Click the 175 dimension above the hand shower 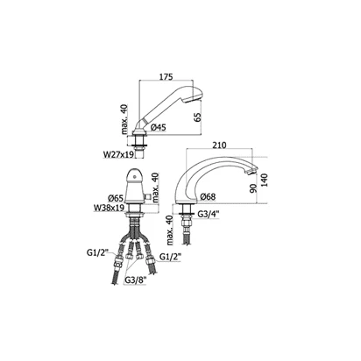(166, 76)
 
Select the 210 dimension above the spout (220, 145)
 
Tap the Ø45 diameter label (159, 127)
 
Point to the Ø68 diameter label (208, 197)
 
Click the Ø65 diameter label (116, 198)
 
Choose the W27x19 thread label (118, 154)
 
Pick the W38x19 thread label (109, 208)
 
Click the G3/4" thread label (209, 215)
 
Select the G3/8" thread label (135, 280)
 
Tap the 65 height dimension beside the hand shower (198, 117)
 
